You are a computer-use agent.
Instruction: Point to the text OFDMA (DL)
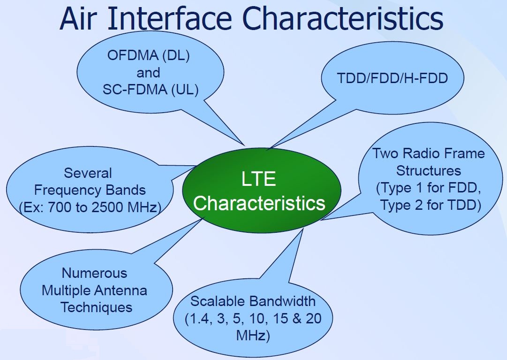(x=148, y=56)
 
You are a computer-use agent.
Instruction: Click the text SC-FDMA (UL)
(x=150, y=89)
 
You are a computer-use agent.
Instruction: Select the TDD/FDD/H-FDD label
(x=392, y=78)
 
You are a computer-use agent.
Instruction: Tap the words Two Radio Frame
(x=428, y=153)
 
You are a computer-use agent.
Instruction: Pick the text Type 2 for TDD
(x=431, y=205)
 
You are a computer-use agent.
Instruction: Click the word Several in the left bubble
(x=88, y=173)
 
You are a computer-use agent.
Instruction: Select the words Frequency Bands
(x=90, y=190)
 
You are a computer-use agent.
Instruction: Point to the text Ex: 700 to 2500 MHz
(x=89, y=207)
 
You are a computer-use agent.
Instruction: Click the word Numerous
(x=94, y=273)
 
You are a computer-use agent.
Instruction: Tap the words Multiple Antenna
(x=94, y=290)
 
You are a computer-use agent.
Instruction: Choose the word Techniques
(x=96, y=307)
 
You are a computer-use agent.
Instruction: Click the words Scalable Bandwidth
(x=253, y=301)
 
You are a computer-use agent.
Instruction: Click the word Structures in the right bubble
(x=428, y=170)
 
